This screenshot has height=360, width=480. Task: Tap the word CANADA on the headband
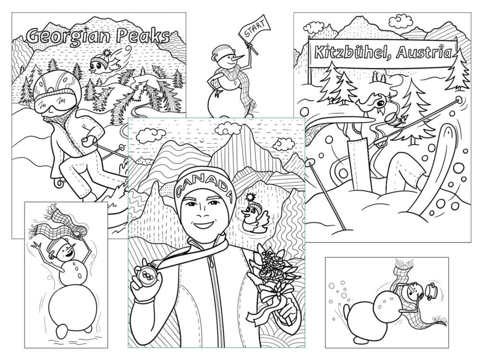click(x=204, y=185)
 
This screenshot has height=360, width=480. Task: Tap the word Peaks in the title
click(x=143, y=36)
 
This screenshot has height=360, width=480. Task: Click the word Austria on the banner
click(x=424, y=52)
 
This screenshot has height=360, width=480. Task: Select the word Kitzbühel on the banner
click(x=352, y=52)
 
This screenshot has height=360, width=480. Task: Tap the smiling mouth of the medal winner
click(x=203, y=225)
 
